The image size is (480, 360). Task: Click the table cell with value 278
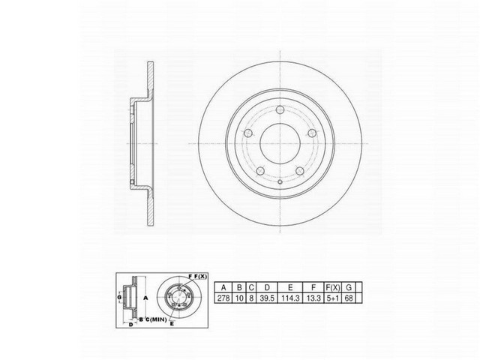[x=223, y=298]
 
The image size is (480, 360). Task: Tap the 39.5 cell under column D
[x=265, y=298]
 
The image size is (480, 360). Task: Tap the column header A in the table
[x=223, y=286]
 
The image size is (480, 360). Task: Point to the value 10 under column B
[x=238, y=298]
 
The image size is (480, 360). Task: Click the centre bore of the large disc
[x=279, y=140]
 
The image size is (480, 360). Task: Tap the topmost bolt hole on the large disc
[x=279, y=111]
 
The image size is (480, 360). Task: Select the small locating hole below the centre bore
[x=279, y=181]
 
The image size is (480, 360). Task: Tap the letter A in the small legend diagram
[x=145, y=298]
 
